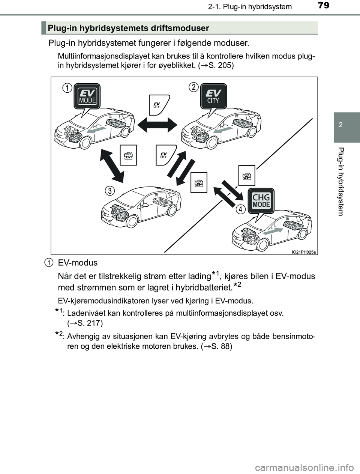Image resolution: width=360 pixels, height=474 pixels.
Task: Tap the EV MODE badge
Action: (x=87, y=96)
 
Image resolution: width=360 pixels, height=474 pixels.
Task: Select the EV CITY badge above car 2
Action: (x=213, y=96)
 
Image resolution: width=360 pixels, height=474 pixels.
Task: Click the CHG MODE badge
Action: (x=261, y=200)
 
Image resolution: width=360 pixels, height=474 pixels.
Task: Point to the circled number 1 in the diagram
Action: (x=67, y=88)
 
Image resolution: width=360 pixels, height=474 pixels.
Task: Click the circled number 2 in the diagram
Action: (x=193, y=87)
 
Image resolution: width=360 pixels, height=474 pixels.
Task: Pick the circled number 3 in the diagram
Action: (x=109, y=191)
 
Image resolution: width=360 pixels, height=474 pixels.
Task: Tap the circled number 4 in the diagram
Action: (x=240, y=209)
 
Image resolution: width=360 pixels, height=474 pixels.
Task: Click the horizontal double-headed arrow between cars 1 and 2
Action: (x=157, y=124)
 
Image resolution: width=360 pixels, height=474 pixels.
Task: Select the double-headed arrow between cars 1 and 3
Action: (x=111, y=164)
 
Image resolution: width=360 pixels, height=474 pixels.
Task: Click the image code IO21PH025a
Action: (x=303, y=252)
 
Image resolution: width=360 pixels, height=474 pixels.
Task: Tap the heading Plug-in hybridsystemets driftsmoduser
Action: (x=128, y=28)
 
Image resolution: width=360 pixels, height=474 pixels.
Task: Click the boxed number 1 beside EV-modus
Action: (x=48, y=262)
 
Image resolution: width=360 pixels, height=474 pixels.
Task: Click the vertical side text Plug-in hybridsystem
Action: (x=340, y=182)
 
